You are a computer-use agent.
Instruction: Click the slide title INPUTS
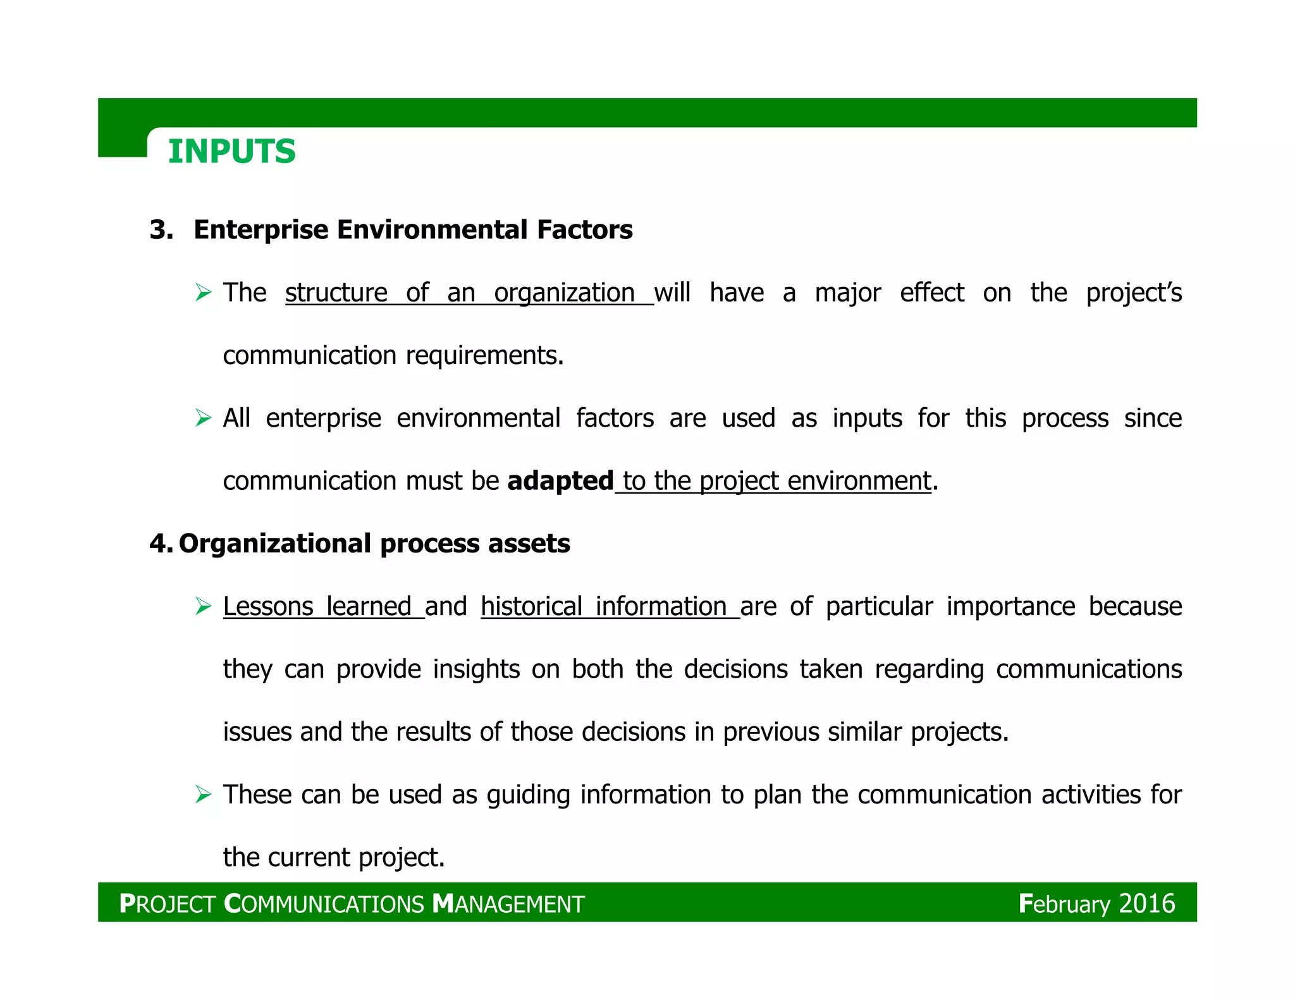(x=231, y=152)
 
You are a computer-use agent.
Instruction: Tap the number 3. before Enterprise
(x=162, y=229)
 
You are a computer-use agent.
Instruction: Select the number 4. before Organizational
(x=160, y=544)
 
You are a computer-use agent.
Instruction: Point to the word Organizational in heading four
(x=275, y=544)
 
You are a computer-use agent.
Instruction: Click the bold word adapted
(x=560, y=481)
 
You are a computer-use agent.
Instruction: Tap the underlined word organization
(x=564, y=293)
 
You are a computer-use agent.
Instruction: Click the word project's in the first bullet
(x=1134, y=293)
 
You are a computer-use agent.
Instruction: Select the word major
(x=847, y=293)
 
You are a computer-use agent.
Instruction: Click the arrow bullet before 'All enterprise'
(x=203, y=418)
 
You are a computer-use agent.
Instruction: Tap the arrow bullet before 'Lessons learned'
(x=203, y=606)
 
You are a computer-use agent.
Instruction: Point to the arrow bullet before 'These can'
(x=203, y=794)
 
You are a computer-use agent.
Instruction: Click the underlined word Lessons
(x=268, y=606)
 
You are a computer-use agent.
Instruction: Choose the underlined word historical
(x=531, y=606)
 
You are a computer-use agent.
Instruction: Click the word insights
(x=476, y=669)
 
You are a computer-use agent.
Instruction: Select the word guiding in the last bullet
(x=528, y=795)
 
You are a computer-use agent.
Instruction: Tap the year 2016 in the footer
(x=1146, y=904)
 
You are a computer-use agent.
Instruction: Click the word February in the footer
(x=1064, y=904)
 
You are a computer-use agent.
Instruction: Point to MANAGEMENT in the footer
(x=508, y=904)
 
